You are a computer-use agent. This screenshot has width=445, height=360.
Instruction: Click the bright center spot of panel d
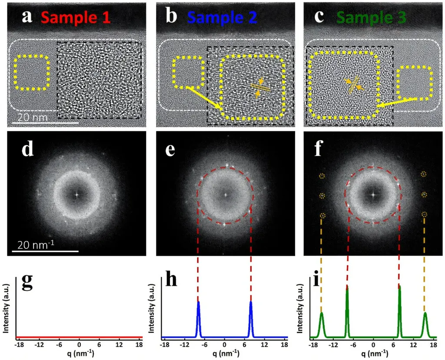pyautogui.click(x=76, y=194)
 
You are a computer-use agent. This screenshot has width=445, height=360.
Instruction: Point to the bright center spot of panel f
pyautogui.click(x=372, y=194)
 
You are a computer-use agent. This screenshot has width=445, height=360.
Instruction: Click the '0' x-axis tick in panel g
pyautogui.click(x=79, y=344)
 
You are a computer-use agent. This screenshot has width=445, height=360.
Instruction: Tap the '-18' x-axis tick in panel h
pyautogui.click(x=164, y=344)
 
